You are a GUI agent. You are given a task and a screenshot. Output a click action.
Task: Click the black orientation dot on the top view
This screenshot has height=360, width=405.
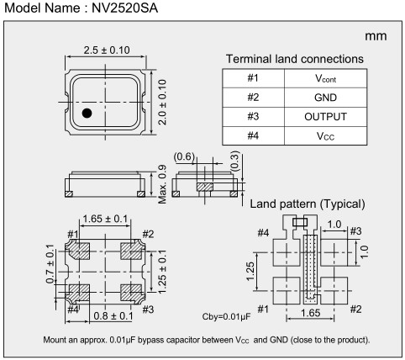coord(87,113)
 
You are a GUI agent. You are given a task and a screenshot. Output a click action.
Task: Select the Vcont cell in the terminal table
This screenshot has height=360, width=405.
coord(325,78)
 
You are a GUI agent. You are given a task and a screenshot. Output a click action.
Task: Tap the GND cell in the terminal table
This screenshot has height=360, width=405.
coord(325,98)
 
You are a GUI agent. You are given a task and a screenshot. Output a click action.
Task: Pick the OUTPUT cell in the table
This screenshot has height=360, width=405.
coord(325,117)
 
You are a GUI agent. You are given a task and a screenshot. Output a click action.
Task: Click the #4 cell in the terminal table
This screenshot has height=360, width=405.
coord(253,135)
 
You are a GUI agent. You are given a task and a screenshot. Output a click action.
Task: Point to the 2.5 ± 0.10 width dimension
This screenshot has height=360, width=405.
coord(107,50)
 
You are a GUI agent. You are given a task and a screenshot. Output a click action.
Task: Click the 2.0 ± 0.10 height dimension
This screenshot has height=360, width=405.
coord(162,102)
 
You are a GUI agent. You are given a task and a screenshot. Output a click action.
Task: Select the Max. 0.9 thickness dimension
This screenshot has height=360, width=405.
coord(162,184)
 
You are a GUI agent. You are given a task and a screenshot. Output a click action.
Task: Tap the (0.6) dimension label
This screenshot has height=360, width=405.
coord(184,156)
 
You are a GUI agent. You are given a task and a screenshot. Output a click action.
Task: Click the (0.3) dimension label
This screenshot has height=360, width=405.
coord(235,161)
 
